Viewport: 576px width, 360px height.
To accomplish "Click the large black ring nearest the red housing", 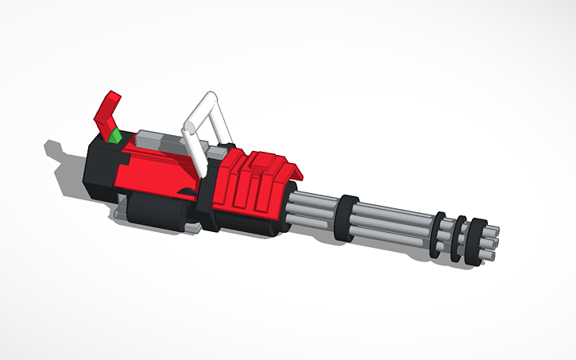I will pyautogui.click(x=345, y=217).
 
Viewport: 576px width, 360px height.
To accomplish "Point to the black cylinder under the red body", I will pyautogui.click(x=159, y=211).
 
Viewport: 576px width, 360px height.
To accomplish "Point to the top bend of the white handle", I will pyautogui.click(x=211, y=97).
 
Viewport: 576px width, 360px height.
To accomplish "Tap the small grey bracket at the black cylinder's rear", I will pyautogui.click(x=119, y=212).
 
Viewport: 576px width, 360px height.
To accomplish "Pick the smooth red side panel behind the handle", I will pyautogui.click(x=155, y=171).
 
